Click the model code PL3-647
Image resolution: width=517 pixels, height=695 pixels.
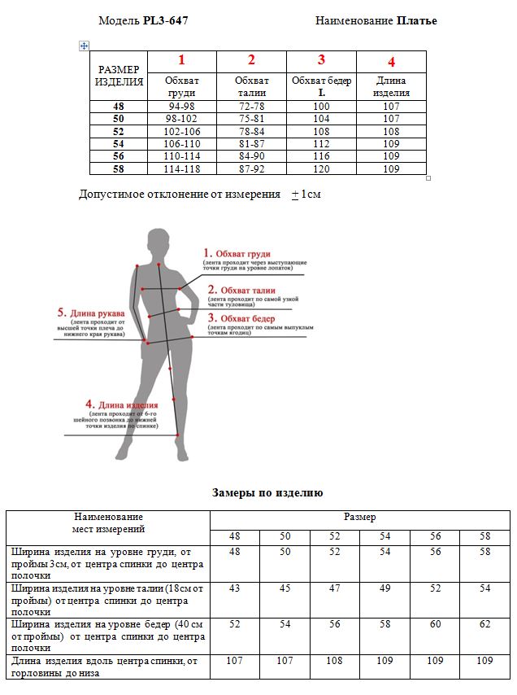point(166,21)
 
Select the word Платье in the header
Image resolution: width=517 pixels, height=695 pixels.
point(417,21)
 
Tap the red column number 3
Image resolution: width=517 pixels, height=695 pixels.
point(321,59)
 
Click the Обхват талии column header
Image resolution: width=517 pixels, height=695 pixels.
point(251,86)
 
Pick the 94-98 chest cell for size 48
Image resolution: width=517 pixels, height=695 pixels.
point(182,107)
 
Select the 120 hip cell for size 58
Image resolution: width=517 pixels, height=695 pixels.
point(321,169)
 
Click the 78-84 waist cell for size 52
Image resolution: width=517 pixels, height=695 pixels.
point(251,132)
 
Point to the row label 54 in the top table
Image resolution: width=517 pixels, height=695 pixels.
point(119,144)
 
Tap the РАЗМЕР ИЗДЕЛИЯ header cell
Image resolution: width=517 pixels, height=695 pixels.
point(119,75)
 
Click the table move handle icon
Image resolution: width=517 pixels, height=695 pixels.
point(84,46)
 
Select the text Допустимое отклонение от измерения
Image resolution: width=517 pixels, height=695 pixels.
point(180,195)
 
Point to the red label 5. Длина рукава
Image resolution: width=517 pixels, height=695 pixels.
point(91,313)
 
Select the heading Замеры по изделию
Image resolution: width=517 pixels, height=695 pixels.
point(267,493)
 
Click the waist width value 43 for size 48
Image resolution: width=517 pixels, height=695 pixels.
point(234,588)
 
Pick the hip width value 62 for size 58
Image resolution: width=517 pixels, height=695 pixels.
point(484,623)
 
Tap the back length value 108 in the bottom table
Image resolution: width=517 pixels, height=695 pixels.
point(335,661)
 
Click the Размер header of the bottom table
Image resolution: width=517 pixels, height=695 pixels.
point(359,517)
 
